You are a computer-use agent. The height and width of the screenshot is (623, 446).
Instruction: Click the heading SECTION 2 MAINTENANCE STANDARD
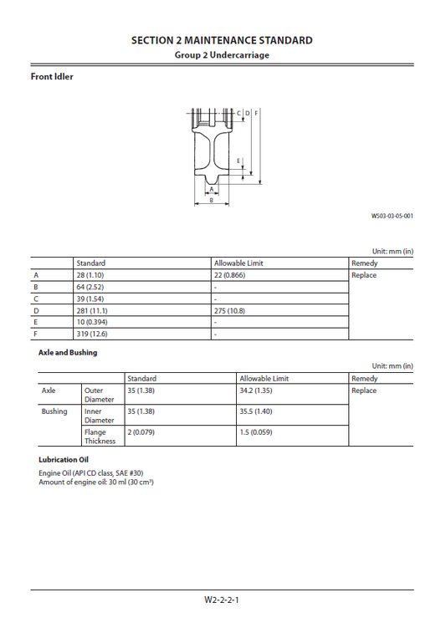(x=222, y=40)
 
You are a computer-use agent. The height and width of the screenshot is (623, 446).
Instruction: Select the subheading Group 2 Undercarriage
(x=222, y=55)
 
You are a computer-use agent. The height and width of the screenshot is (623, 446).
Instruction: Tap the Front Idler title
(x=52, y=77)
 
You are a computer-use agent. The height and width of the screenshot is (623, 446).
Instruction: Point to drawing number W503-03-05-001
(x=392, y=216)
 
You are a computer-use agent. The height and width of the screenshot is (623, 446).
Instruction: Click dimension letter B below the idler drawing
(x=211, y=201)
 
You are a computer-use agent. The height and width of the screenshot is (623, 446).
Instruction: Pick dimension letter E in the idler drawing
(x=238, y=160)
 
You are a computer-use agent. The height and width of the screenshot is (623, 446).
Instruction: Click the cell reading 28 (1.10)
(x=90, y=275)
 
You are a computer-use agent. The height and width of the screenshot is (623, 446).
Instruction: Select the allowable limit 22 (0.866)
(x=232, y=275)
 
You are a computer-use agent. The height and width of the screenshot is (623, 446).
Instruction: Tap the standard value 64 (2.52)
(x=90, y=287)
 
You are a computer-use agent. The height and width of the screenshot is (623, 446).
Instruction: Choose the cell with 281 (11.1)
(x=91, y=310)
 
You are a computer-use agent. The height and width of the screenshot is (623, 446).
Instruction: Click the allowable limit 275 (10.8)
(x=233, y=310)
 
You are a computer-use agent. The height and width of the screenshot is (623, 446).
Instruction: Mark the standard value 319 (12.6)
(x=91, y=334)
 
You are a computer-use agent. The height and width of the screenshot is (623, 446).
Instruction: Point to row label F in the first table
(x=35, y=334)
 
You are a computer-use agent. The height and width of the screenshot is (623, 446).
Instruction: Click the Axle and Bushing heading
(x=68, y=353)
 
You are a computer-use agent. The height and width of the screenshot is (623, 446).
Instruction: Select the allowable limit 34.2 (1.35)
(x=259, y=391)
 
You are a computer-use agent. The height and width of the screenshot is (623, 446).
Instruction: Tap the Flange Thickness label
(x=95, y=437)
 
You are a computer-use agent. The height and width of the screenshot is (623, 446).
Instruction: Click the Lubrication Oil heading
(x=64, y=460)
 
